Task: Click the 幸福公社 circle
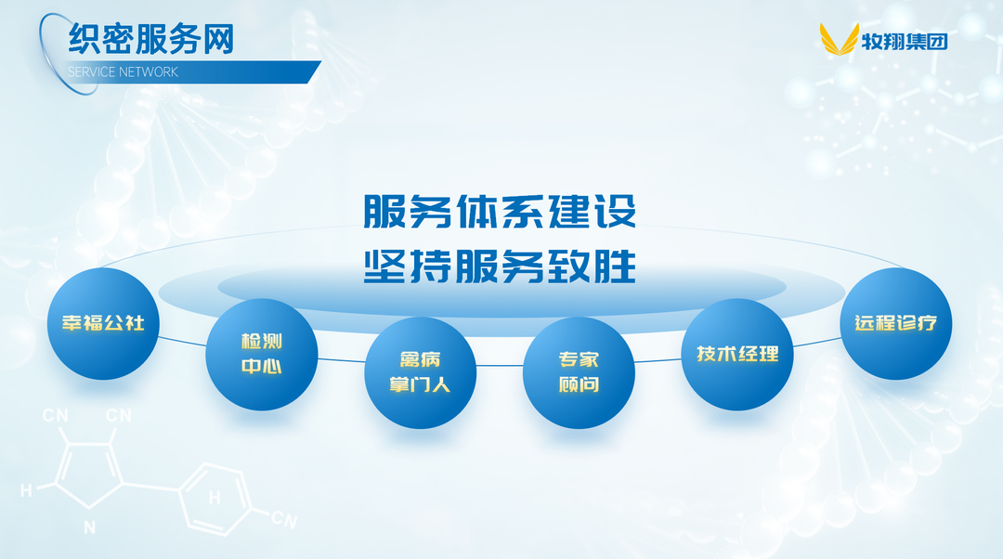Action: click(x=103, y=323)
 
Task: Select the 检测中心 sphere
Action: click(x=262, y=355)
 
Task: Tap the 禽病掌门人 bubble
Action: click(x=421, y=373)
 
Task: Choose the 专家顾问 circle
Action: click(x=579, y=373)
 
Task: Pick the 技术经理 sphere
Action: click(x=737, y=355)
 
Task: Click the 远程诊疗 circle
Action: click(x=896, y=323)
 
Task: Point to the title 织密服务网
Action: click(x=151, y=38)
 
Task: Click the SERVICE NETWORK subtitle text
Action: click(x=123, y=71)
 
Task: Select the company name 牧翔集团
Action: click(x=905, y=42)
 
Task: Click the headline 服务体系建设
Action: click(x=500, y=211)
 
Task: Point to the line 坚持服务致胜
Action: click(x=500, y=266)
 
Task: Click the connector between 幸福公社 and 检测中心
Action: click(x=182, y=342)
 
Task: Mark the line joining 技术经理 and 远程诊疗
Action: click(x=817, y=342)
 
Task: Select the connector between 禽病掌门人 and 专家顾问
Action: click(x=500, y=366)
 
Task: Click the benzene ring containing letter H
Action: click(x=215, y=499)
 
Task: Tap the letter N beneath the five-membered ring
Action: click(x=89, y=527)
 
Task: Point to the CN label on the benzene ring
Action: click(x=284, y=519)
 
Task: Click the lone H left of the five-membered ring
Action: click(x=26, y=490)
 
